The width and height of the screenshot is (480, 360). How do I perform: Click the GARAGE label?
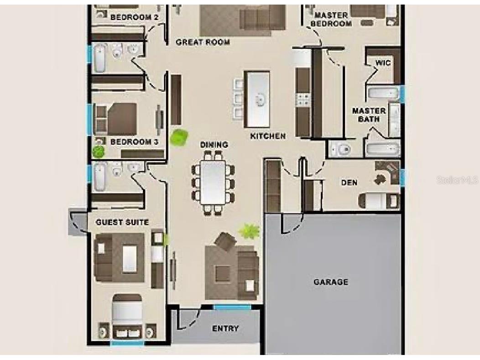coord(331,282)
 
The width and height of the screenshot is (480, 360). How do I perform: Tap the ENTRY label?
coord(225,329)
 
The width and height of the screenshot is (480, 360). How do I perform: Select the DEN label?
coord(350,183)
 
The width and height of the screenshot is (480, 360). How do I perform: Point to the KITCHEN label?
coord(268,136)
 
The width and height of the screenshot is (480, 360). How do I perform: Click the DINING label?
coord(214,145)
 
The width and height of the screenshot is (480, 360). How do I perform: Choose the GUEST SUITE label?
coord(122,222)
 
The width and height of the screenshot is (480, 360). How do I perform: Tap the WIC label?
coord(383,63)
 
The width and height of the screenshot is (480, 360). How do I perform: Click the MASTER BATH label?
coord(369,115)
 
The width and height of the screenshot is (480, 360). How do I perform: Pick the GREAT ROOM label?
coord(203,42)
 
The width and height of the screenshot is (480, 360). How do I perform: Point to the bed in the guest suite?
coord(128,315)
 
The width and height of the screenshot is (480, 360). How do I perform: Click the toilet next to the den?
coord(340,148)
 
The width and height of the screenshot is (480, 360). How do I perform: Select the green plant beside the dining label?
coord(179,137)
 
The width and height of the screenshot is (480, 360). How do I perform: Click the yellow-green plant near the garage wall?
coord(249,231)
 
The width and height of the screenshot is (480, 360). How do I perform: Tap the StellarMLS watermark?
coord(457,180)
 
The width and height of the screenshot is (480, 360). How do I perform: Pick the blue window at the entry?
coord(232,307)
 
